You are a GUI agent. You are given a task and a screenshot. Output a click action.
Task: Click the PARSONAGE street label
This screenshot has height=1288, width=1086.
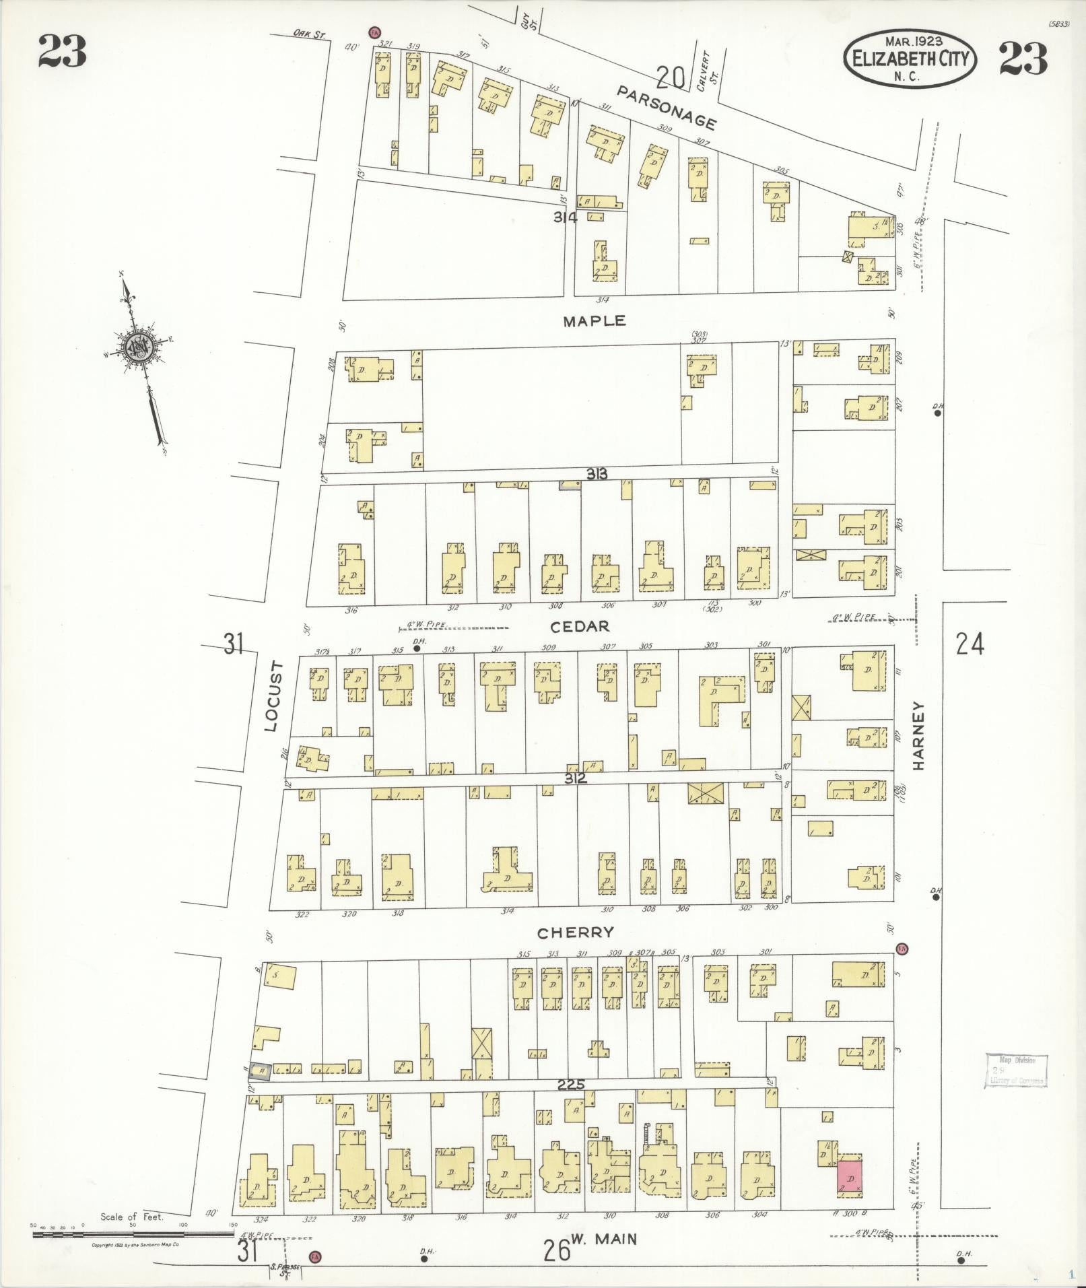[666, 107]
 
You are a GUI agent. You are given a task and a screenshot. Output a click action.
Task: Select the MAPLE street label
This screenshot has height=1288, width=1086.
[595, 321]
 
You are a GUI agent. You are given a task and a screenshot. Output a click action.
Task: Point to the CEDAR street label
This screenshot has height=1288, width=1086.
[580, 627]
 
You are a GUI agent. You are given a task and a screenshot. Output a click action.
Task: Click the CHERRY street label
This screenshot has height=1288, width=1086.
[576, 933]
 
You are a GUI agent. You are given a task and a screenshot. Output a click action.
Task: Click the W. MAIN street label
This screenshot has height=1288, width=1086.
[604, 1239]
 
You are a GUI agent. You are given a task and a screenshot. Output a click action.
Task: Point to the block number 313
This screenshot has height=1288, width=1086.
[597, 474]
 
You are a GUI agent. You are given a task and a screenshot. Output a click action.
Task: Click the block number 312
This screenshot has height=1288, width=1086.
[576, 778]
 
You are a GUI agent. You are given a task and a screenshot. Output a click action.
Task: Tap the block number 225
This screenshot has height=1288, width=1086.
[571, 1084]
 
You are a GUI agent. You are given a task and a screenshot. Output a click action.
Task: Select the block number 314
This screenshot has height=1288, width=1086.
[566, 217]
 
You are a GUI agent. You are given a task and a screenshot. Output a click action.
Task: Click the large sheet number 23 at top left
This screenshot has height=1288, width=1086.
[62, 53]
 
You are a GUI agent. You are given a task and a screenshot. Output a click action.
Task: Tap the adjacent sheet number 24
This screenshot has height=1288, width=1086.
[970, 644]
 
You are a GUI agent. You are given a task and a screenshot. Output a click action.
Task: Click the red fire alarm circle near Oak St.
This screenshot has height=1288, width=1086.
[374, 32]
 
